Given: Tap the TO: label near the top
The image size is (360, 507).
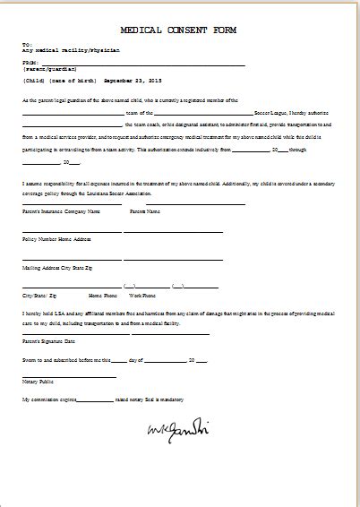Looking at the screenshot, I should click(29, 43).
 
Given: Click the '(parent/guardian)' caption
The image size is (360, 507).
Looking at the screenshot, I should click(49, 68).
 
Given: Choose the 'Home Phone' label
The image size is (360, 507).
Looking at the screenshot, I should click(101, 294).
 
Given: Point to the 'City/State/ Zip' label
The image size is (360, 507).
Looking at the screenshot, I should click(39, 294).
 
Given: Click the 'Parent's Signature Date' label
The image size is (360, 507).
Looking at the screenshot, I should click(50, 341).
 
